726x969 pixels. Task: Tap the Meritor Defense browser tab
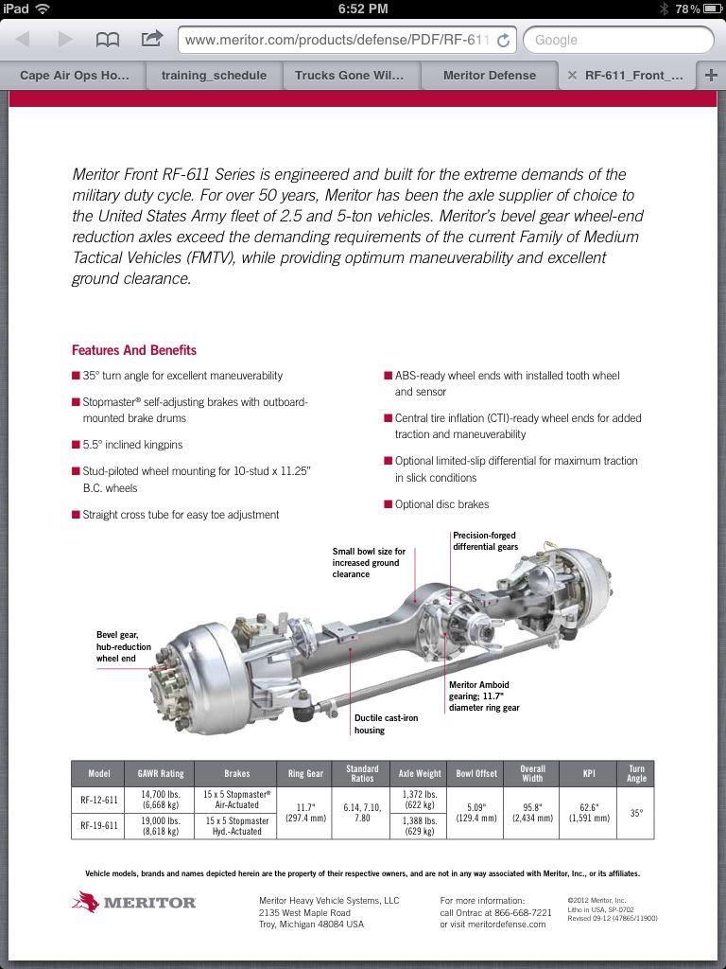click(489, 76)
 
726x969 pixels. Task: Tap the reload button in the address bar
click(503, 40)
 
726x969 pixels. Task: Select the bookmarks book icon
click(108, 40)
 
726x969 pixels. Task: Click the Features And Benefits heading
click(134, 350)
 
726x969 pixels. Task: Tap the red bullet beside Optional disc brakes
click(388, 504)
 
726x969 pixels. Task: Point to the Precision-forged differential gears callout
click(485, 541)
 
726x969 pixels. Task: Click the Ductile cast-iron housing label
click(386, 724)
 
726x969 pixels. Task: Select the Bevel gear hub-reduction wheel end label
click(123, 646)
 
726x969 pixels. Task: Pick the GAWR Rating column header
click(161, 773)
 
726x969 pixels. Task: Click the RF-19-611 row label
click(99, 825)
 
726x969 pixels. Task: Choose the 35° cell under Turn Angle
click(636, 812)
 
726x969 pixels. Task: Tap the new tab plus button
click(711, 76)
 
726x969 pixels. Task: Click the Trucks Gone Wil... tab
click(349, 76)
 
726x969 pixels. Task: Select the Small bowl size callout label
click(369, 562)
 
